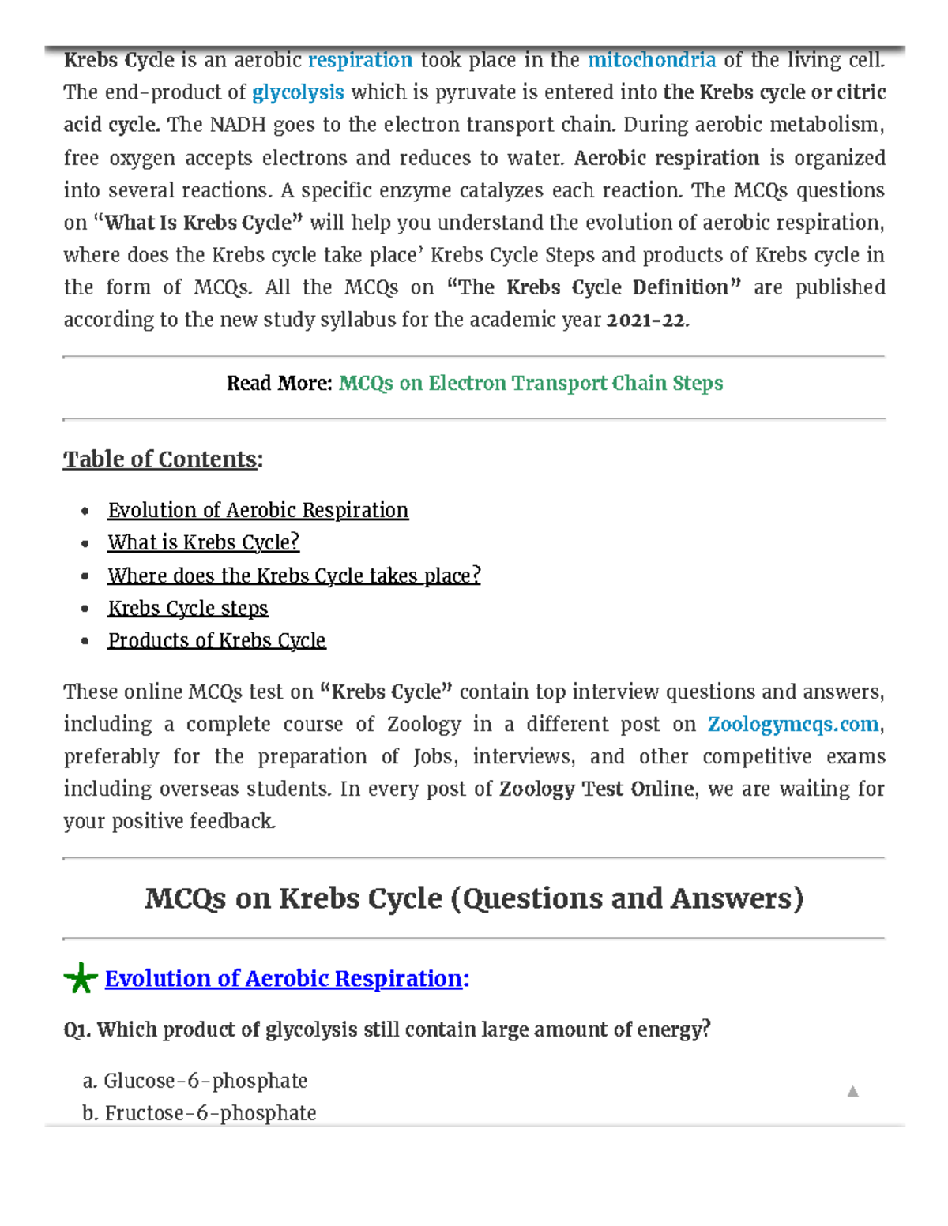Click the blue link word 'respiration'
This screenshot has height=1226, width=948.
pos(359,61)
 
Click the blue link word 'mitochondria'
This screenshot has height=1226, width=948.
pos(652,61)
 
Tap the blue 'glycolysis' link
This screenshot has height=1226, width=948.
pos(298,93)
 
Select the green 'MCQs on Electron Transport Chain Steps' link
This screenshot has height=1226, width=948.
pos(531,384)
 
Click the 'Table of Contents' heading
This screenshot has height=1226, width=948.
pos(161,459)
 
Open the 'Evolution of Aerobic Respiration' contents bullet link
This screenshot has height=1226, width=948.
pos(258,511)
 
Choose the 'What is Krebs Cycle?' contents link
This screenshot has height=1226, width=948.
pos(203,543)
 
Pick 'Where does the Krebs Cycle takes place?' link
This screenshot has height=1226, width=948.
pos(294,576)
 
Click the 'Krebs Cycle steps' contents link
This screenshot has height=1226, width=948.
pos(188,608)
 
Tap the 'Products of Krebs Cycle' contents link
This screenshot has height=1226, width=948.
pos(216,640)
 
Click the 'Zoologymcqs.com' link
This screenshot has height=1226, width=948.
pos(792,725)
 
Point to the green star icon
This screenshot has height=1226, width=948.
pos(80,979)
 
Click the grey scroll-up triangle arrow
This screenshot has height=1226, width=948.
pos(852,1092)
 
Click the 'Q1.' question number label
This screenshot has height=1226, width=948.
pos(77,1030)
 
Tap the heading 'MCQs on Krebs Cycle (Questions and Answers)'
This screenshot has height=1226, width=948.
pos(474,898)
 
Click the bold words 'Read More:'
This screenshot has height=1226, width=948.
pos(279,384)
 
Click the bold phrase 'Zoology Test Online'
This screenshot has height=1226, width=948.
pos(596,789)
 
